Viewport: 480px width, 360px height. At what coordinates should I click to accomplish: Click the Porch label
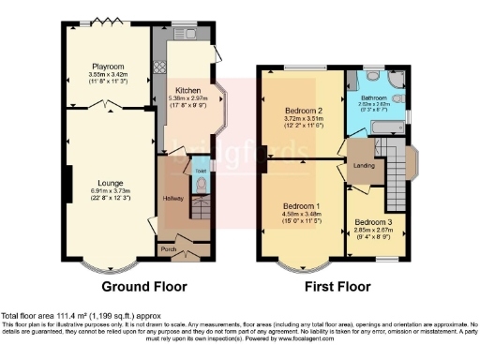click(x=169, y=249)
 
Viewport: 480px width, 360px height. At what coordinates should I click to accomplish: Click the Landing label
click(x=364, y=168)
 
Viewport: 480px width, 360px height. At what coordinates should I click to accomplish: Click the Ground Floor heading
click(x=143, y=286)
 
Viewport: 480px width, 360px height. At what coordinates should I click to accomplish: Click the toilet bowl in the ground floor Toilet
click(x=197, y=186)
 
